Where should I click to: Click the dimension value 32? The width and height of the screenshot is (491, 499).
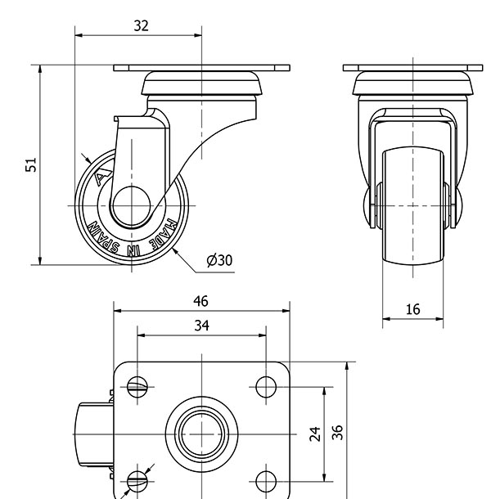tap(141, 25)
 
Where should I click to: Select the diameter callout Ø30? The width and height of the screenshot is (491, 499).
tap(219, 260)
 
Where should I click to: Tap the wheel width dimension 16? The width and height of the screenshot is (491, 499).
tap(412, 308)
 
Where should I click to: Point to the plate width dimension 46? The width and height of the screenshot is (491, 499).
tap(200, 302)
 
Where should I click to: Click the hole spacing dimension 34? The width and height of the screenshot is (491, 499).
tap(202, 326)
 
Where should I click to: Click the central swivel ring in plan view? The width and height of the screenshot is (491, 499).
tap(201, 431)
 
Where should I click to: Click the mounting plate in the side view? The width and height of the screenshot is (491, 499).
tap(201, 67)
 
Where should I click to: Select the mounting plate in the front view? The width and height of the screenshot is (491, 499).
tap(413, 67)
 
